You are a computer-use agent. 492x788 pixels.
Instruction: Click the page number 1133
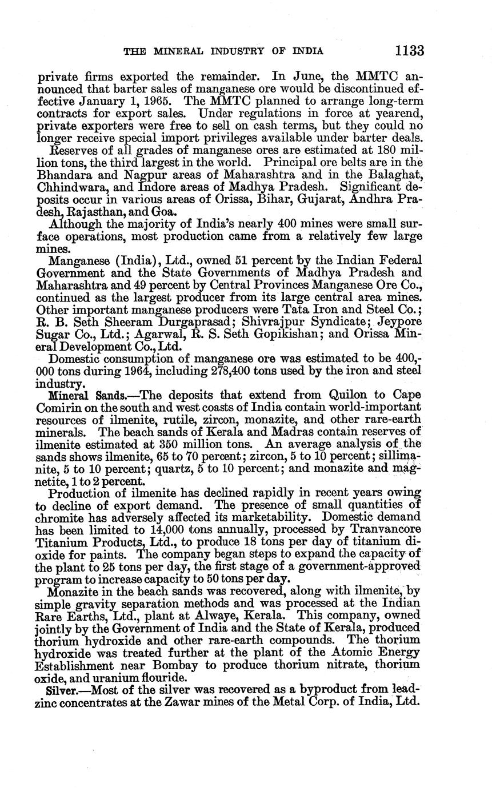tap(409, 51)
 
